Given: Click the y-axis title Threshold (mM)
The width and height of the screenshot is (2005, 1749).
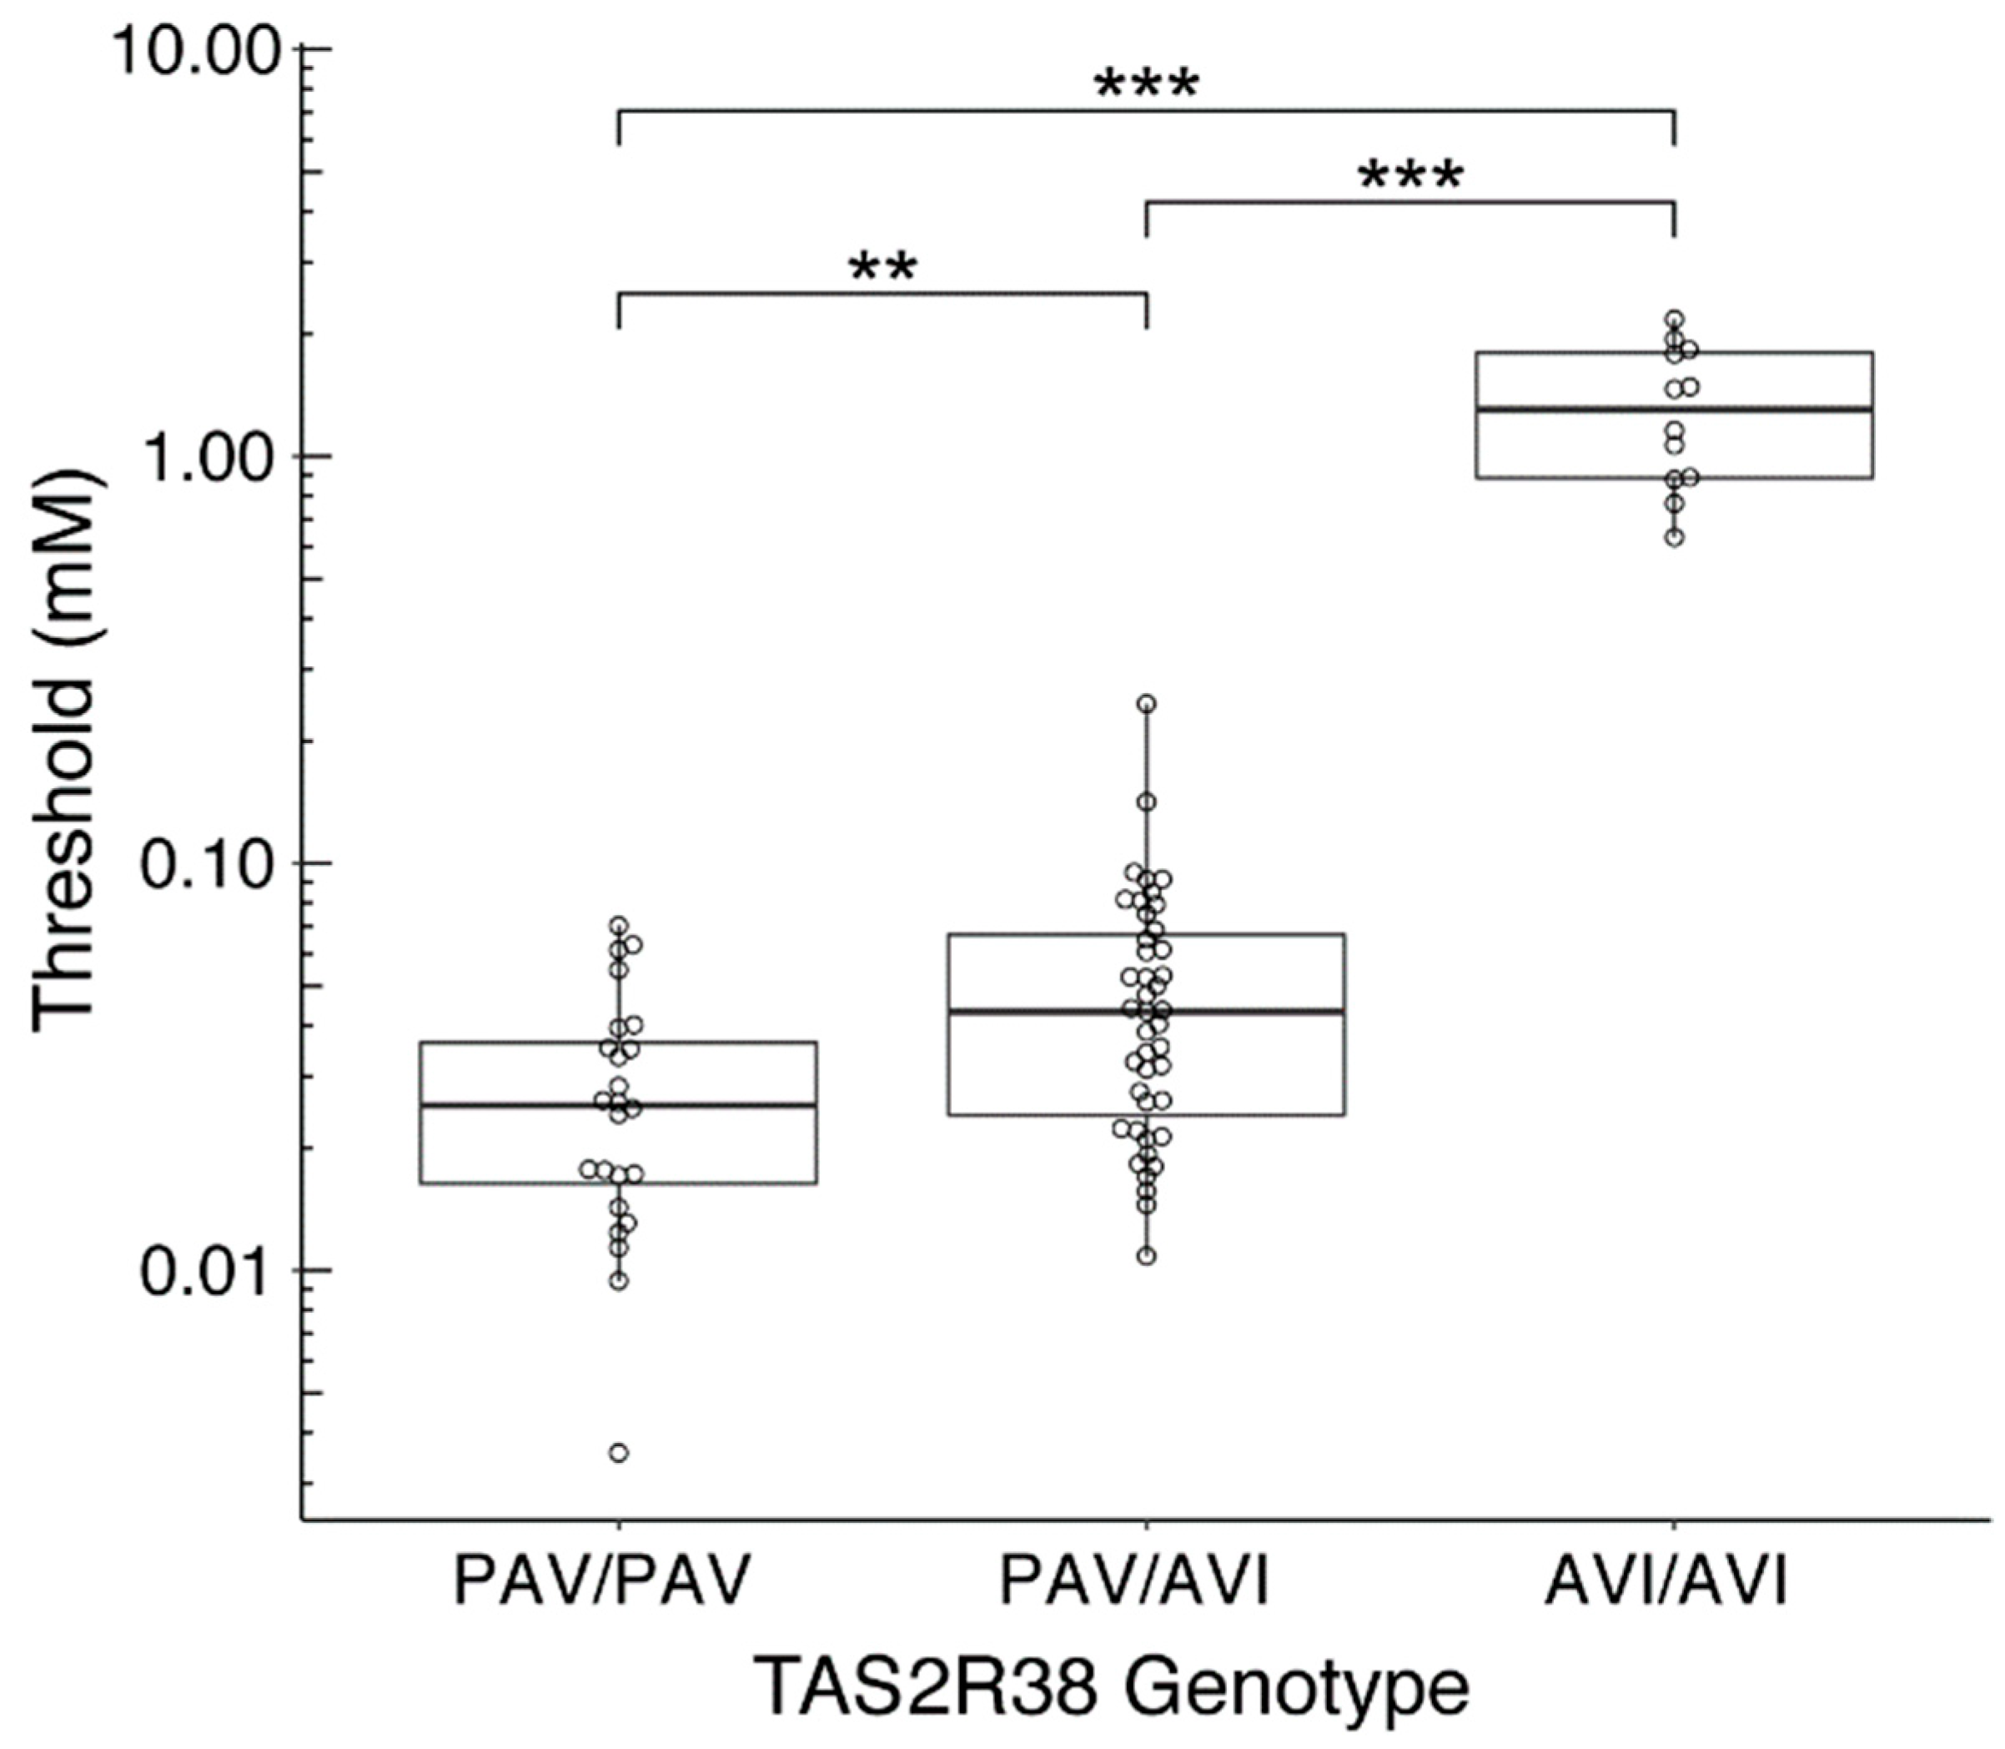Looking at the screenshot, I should tap(67, 750).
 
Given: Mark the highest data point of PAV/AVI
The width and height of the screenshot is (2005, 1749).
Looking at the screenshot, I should tap(1147, 704).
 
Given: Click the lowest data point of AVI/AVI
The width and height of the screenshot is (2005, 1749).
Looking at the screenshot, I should tap(1675, 538).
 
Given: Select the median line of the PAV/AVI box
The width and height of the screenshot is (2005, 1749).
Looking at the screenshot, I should tap(1249, 1011).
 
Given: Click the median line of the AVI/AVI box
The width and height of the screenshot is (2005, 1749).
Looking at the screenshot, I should tap(1776, 409).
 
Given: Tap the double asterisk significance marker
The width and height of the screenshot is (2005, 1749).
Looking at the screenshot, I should tap(882, 269).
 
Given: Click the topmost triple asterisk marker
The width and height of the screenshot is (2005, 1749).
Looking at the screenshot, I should tap(1146, 88).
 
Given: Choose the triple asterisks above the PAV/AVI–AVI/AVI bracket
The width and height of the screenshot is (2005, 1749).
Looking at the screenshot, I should tap(1410, 179).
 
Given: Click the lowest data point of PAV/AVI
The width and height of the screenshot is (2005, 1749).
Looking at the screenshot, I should tap(1147, 1256).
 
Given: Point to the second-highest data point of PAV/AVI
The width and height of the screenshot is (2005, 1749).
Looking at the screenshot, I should tap(1147, 802).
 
